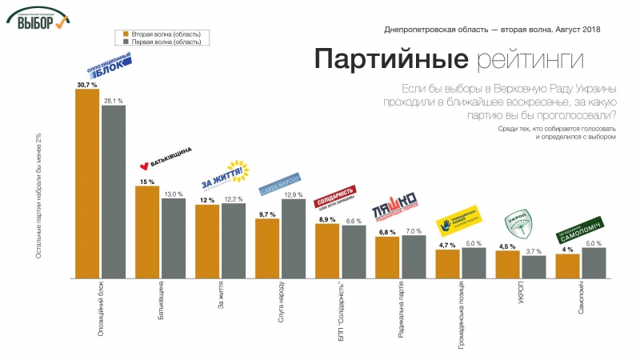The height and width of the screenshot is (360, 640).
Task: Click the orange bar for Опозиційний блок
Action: pos(87,183)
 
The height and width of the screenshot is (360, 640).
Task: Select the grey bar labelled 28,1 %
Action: pos(114,191)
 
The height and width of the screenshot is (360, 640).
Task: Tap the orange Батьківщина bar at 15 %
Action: pos(147,231)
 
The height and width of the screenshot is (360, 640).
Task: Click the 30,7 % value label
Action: pos(86,84)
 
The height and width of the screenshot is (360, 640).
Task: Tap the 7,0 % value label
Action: pos(414,230)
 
